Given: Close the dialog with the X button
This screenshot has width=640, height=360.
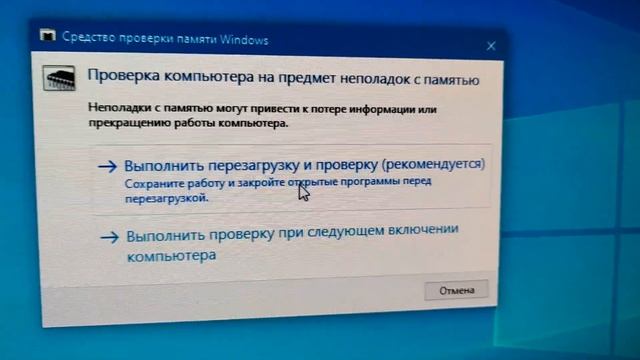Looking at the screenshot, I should pyautogui.click(x=491, y=46).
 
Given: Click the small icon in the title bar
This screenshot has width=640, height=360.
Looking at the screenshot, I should pyautogui.click(x=48, y=37).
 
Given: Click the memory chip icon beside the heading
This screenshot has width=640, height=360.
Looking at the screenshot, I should pyautogui.click(x=61, y=77).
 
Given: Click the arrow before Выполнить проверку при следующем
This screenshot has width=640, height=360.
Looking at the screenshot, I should pyautogui.click(x=109, y=238).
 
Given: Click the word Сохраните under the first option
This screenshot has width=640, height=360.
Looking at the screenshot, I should pyautogui.click(x=150, y=184).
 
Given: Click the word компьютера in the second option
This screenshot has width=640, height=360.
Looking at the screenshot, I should pyautogui.click(x=171, y=256).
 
